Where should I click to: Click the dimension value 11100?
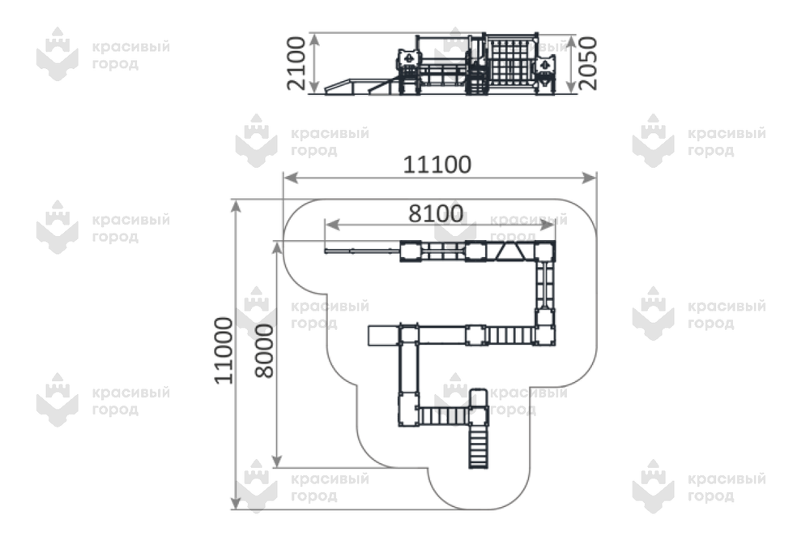[437, 165]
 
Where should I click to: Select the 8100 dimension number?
[436, 213]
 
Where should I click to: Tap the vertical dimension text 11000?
[224, 350]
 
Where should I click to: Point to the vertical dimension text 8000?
[265, 350]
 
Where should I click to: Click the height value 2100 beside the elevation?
[296, 63]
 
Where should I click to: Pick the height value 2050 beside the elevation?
[587, 63]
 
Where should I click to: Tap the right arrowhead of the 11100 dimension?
[589, 178]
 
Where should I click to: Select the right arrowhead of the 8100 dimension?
[548, 225]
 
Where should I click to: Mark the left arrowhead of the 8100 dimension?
[332, 225]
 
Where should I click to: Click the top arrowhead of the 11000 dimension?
[236, 206]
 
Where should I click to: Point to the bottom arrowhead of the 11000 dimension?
[236, 502]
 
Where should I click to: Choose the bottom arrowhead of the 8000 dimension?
[277, 460]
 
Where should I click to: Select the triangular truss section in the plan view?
[509, 251]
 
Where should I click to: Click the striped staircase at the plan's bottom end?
[479, 447]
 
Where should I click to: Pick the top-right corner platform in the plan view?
[544, 251]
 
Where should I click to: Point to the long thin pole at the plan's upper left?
[363, 251]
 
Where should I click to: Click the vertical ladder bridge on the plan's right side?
[544, 286]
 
